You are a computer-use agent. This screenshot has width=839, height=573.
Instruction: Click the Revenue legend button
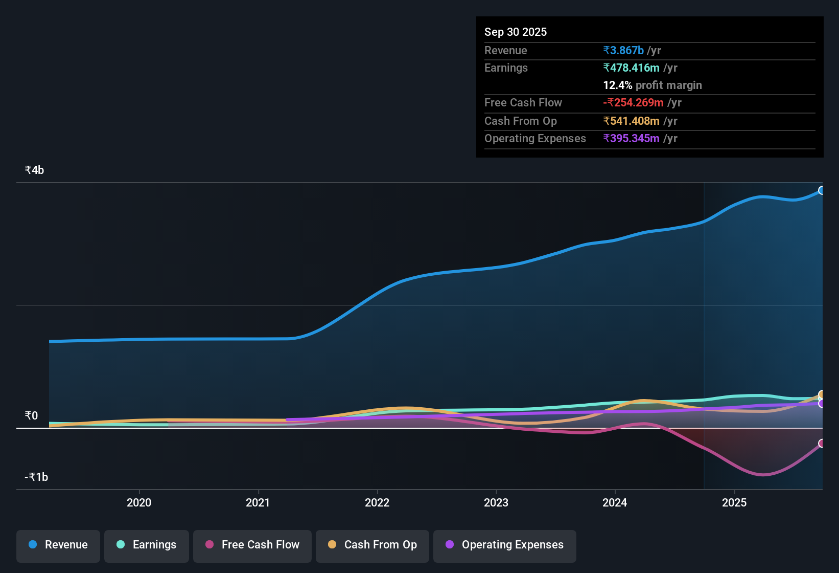tap(58, 545)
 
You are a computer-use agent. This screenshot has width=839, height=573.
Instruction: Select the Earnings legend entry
tap(147, 545)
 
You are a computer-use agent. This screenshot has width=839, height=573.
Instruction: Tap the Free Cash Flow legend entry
tap(252, 545)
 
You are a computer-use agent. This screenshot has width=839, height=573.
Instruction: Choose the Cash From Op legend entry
tap(372, 545)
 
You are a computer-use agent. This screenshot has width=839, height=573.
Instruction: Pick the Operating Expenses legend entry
tap(505, 545)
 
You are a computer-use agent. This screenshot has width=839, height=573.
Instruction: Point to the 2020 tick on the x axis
tap(139, 502)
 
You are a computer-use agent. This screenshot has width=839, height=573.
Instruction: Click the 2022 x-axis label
tap(377, 502)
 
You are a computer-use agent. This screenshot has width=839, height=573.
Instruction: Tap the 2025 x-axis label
tap(734, 502)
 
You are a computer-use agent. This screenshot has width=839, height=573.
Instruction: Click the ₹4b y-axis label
tap(34, 170)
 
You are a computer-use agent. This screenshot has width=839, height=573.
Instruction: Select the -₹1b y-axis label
tap(36, 477)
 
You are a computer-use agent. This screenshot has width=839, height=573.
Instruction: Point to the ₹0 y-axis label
tap(31, 416)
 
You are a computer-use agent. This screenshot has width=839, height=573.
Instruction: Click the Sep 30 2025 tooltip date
tap(516, 32)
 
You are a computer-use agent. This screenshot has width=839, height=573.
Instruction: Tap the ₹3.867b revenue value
tap(623, 51)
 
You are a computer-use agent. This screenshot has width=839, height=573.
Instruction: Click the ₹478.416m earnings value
tap(631, 68)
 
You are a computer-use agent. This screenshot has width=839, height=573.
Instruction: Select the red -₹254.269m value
tap(633, 103)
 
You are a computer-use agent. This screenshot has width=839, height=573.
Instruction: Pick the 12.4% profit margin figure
tap(617, 85)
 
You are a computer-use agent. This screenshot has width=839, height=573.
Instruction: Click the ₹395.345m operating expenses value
tap(631, 139)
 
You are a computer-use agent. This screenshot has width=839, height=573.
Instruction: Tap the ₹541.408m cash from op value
tap(631, 121)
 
